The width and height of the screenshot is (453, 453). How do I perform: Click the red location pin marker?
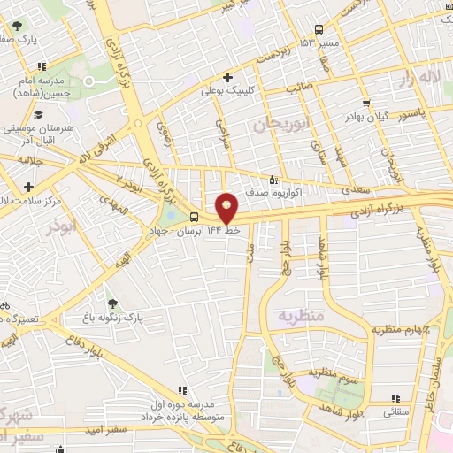227,207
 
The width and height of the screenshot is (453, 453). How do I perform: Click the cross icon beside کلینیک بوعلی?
228,77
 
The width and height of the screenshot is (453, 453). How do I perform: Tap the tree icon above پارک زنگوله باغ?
111,303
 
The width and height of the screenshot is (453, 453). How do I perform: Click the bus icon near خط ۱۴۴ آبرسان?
195,218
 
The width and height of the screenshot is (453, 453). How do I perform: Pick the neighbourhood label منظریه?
302,315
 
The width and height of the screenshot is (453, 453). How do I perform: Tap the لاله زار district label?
418,78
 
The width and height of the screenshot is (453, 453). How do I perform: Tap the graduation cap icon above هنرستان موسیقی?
37,114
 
